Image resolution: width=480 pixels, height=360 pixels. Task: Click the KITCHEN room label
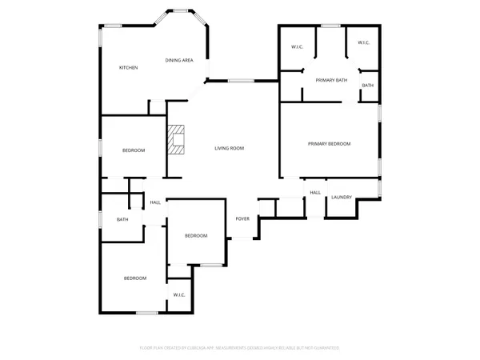(129, 67)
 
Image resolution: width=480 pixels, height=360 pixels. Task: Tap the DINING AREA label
(178, 61)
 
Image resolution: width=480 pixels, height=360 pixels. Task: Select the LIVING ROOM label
(229, 148)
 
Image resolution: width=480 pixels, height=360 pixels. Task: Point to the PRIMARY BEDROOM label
(330, 143)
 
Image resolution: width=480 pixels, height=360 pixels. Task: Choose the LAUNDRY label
(342, 197)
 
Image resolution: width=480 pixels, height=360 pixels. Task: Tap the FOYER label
(242, 218)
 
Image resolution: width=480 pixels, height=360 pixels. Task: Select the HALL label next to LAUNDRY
(315, 192)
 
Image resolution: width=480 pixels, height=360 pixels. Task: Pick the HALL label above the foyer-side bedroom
(155, 202)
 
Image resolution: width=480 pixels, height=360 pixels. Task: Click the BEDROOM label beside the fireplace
(134, 150)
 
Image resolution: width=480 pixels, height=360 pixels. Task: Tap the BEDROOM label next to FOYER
(196, 235)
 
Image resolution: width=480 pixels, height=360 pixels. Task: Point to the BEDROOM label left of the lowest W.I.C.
(134, 278)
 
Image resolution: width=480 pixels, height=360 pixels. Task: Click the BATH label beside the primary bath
(367, 85)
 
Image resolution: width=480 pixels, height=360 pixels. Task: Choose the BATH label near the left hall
(122, 219)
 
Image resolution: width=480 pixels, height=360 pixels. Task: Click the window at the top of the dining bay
(179, 10)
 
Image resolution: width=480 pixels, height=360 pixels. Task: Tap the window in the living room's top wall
(242, 80)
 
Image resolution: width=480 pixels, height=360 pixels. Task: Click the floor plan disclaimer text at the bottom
(240, 348)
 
